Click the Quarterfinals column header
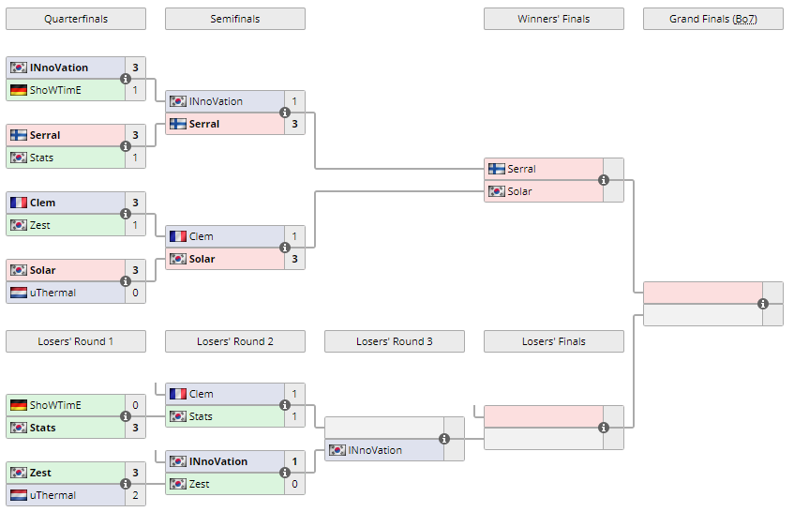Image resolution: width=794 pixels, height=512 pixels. tap(75, 19)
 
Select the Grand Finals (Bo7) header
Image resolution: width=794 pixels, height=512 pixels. tap(712, 19)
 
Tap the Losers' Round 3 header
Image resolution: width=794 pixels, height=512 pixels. tap(394, 341)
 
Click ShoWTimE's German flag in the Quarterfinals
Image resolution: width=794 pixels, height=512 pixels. tap(19, 90)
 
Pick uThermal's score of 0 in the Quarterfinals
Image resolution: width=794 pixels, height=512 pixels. tap(135, 293)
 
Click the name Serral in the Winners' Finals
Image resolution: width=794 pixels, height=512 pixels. tap(521, 169)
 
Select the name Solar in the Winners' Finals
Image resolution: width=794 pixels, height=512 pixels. tap(519, 191)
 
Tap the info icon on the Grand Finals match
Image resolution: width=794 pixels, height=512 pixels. tap(763, 304)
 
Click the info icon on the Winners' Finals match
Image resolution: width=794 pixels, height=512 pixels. tap(604, 180)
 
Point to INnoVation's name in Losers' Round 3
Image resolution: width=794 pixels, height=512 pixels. tap(375, 450)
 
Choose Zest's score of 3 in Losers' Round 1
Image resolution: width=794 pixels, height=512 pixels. tap(135, 473)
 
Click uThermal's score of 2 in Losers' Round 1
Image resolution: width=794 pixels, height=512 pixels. tap(135, 495)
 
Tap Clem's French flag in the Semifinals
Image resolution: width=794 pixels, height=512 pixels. tap(178, 236)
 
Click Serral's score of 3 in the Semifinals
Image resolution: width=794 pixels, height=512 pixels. tap(294, 124)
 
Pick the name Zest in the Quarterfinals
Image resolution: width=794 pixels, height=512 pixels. tap(40, 225)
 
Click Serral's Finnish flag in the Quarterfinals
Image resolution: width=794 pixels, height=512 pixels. tap(19, 135)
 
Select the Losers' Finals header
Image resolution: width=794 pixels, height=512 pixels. tap(553, 341)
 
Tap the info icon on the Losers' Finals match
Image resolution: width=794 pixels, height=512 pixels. tap(604, 428)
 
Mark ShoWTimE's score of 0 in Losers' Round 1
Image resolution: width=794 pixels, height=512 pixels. tap(135, 405)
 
